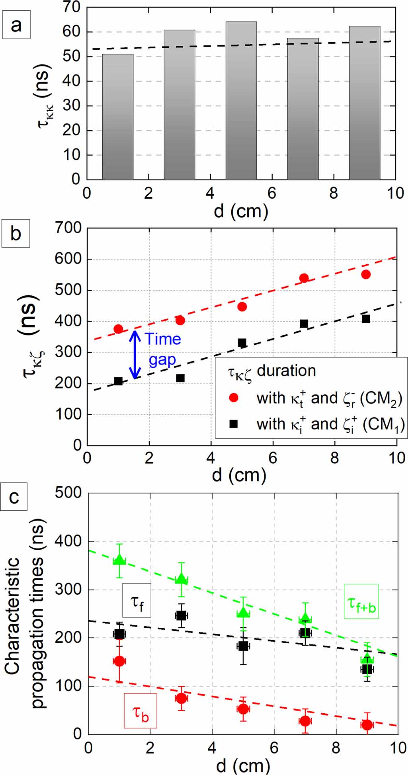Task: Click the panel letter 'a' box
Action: [x=16, y=25]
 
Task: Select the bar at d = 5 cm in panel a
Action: [x=241, y=100]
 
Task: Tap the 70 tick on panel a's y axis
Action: [x=71, y=7]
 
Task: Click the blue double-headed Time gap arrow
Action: [x=136, y=355]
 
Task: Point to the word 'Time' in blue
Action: [x=163, y=339]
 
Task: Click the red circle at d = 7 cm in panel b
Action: [x=304, y=278]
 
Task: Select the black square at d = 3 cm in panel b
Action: [x=180, y=378]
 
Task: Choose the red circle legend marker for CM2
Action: [x=234, y=398]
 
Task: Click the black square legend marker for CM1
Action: [x=234, y=424]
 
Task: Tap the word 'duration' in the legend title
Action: [x=286, y=371]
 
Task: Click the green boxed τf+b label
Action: [x=361, y=601]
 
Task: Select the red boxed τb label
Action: [x=140, y=711]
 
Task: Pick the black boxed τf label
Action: [x=137, y=600]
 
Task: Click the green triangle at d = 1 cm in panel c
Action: [x=119, y=560]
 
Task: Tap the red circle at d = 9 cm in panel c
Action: [x=367, y=724]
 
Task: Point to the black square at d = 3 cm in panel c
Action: [x=181, y=615]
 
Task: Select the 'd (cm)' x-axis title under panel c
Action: [x=242, y=765]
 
